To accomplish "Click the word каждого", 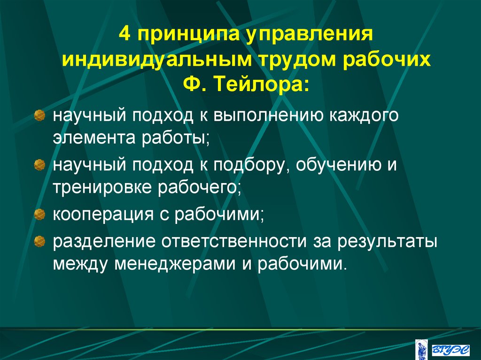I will point(360,115).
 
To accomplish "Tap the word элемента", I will point(93,138).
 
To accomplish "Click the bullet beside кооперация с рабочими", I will point(40,215).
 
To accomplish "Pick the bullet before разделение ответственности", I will point(40,241).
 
